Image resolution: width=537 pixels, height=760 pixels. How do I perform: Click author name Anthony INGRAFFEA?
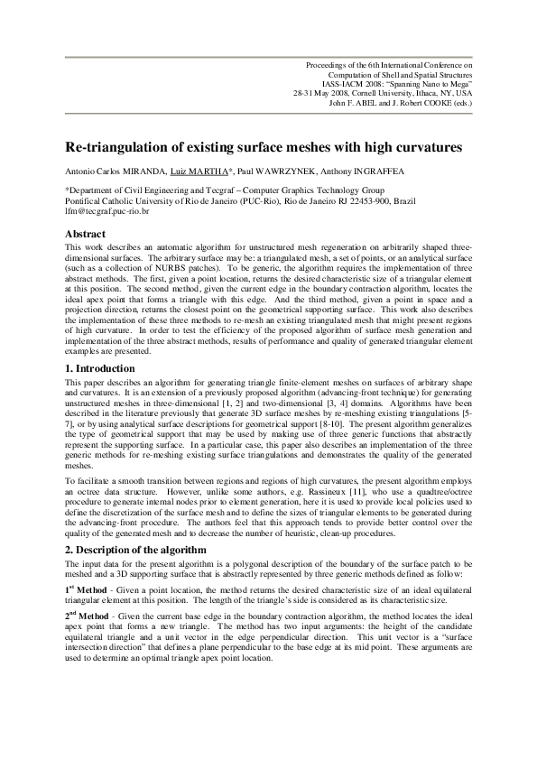(x=368, y=171)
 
